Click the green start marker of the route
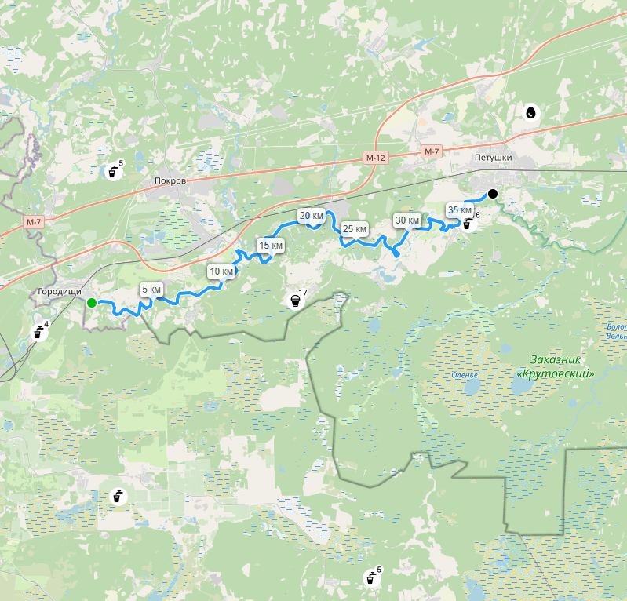pos(92,303)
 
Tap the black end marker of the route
pos(492,194)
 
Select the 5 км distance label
pos(151,290)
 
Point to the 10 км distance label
pos(221,271)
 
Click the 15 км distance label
pos(271,246)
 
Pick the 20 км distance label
pos(311,215)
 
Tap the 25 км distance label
pos(355,228)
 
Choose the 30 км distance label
pos(407,220)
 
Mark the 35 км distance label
pos(459,210)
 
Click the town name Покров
pos(170,180)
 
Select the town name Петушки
pos(493,158)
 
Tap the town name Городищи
pos(60,291)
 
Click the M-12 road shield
pos(376,158)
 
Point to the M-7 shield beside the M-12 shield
pos(432,151)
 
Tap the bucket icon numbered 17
pos(295,300)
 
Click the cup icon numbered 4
pos(37,333)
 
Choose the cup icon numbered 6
pos(468,224)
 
